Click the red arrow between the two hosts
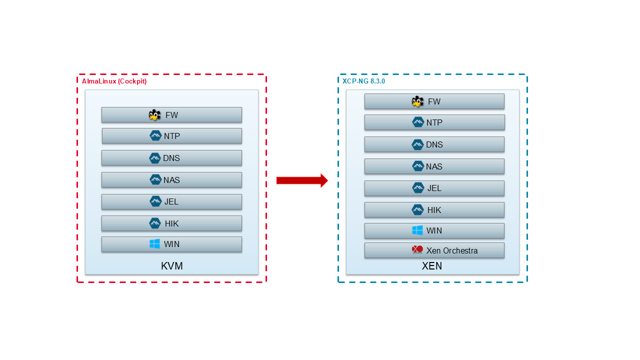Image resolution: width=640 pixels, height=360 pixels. pyautogui.click(x=301, y=180)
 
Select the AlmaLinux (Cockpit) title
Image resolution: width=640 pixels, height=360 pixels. pyautogui.click(x=114, y=81)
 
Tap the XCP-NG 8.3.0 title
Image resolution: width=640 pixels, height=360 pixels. pyautogui.click(x=363, y=81)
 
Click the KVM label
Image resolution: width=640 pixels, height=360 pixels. pyautogui.click(x=171, y=266)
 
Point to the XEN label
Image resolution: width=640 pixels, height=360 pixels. pyautogui.click(x=432, y=266)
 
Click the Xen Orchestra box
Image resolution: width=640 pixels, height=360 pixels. pyautogui.click(x=434, y=250)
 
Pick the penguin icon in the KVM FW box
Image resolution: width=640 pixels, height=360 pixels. pyautogui.click(x=155, y=115)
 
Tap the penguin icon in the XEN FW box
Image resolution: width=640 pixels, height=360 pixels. pyautogui.click(x=417, y=101)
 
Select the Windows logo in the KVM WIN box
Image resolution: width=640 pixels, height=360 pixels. pyautogui.click(x=155, y=244)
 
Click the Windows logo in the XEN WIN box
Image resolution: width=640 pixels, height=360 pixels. pyautogui.click(x=417, y=230)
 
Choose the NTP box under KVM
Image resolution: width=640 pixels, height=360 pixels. pyautogui.click(x=171, y=136)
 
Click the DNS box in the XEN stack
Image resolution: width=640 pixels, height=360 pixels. pyautogui.click(x=434, y=144)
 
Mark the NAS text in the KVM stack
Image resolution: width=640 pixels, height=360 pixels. pyautogui.click(x=171, y=180)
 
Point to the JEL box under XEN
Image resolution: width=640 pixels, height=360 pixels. pyautogui.click(x=434, y=188)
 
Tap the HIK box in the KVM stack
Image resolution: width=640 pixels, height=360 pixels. pyautogui.click(x=171, y=223)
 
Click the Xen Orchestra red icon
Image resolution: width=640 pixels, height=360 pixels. pyautogui.click(x=417, y=250)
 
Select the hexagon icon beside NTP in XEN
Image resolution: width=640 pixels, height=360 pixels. pyautogui.click(x=418, y=122)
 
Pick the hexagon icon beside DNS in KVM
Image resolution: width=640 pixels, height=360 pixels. pyautogui.click(x=155, y=158)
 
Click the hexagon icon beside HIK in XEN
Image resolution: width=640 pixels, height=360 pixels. pyautogui.click(x=417, y=210)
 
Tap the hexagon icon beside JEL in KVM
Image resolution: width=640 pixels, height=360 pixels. pyautogui.click(x=155, y=201)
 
